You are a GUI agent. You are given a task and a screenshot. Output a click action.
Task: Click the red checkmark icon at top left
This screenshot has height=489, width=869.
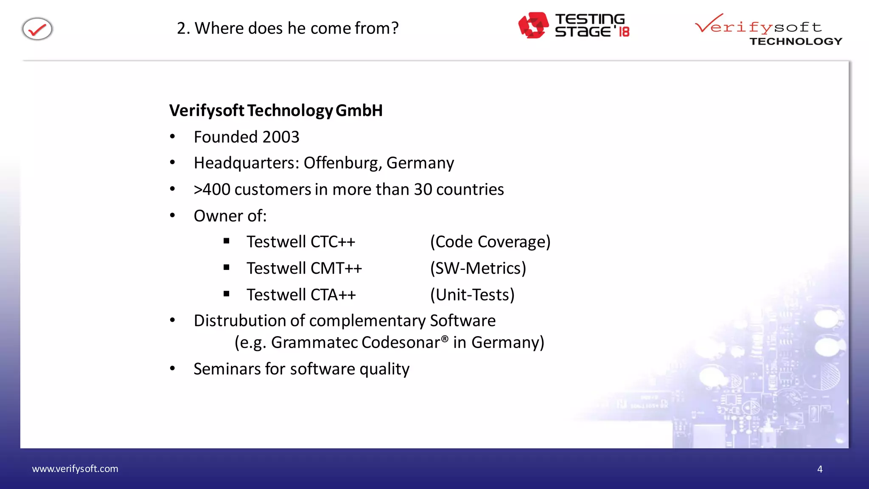(x=37, y=29)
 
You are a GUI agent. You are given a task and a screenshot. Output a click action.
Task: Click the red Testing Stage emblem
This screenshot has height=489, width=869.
(x=533, y=25)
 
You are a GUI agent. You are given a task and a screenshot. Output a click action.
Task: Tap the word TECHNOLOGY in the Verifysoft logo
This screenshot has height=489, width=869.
(x=796, y=41)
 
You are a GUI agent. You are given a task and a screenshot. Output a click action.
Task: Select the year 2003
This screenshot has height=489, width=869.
(x=280, y=137)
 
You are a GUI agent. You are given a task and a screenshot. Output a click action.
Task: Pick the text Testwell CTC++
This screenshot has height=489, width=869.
(x=301, y=242)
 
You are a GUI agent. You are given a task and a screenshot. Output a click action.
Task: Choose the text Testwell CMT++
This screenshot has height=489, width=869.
(x=304, y=268)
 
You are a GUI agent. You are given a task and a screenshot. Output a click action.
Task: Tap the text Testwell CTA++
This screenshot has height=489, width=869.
(x=301, y=295)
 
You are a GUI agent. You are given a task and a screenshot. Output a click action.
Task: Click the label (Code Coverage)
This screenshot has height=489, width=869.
(x=490, y=242)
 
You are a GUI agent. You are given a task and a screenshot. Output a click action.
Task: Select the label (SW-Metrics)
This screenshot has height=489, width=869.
(x=478, y=268)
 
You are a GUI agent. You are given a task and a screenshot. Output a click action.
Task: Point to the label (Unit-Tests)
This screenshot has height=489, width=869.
(x=472, y=295)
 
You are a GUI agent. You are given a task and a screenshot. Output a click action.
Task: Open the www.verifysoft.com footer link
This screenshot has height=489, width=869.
(x=75, y=469)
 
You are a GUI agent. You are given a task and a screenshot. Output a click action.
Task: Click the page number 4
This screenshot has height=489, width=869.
(x=820, y=469)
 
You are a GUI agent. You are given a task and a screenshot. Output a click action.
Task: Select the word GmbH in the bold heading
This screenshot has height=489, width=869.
(x=359, y=110)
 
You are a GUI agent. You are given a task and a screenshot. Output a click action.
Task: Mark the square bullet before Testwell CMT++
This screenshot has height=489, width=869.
(x=227, y=267)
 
